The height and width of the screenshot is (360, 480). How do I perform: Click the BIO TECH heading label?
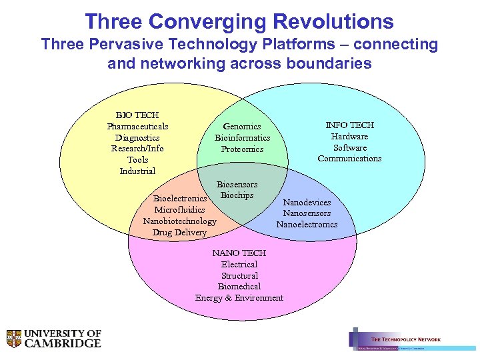[x=137, y=115]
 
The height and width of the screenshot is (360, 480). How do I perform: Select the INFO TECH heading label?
[x=349, y=125]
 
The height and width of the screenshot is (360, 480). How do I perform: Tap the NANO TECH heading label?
[x=239, y=253]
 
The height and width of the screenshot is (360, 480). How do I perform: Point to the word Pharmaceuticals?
[x=137, y=126]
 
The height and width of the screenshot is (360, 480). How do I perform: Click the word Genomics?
[x=242, y=126]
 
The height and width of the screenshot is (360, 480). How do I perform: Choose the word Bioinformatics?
[x=242, y=137]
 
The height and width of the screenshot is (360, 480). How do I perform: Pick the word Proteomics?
[x=242, y=149]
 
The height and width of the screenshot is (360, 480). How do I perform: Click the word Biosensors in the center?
[x=237, y=184]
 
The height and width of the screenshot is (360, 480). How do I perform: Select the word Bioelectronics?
[x=180, y=199]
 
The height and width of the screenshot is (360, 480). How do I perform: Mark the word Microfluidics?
[x=179, y=210]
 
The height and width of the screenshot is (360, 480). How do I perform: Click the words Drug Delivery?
[x=179, y=233]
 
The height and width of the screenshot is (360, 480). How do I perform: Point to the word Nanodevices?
[x=307, y=202]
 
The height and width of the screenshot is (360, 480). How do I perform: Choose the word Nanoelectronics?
[x=307, y=225]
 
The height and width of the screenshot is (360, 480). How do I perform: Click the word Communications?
[x=349, y=159]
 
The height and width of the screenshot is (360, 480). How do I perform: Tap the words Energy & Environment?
[x=239, y=298]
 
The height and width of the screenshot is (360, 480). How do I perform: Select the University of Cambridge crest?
[x=14, y=339]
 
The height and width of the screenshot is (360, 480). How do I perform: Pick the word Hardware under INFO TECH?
[x=349, y=136]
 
